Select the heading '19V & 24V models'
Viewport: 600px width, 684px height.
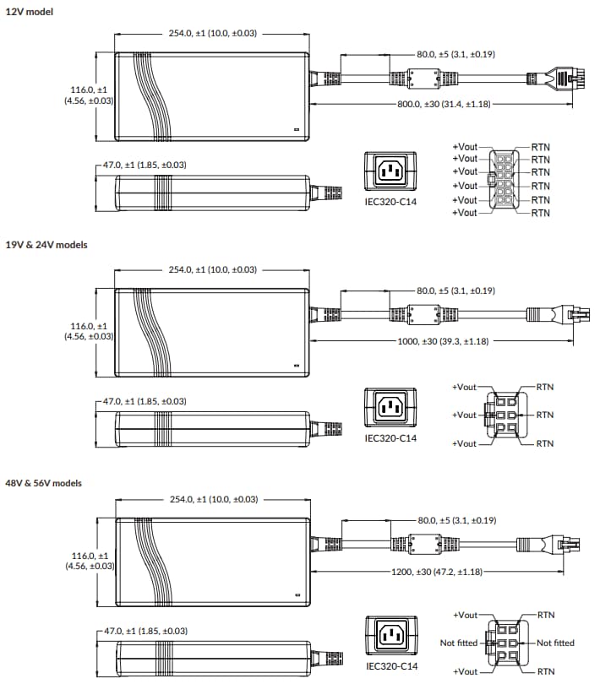point(46,245)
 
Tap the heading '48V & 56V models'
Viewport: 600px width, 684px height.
point(46,483)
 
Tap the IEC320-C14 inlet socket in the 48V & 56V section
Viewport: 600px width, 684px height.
point(390,636)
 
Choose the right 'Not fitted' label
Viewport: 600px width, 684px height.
point(555,643)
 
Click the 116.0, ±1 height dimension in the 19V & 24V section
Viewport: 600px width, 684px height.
point(90,330)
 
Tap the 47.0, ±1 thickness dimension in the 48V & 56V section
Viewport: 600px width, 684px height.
point(144,631)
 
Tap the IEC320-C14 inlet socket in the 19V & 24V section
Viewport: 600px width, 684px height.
point(390,408)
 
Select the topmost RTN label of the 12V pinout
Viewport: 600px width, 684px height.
point(541,146)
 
